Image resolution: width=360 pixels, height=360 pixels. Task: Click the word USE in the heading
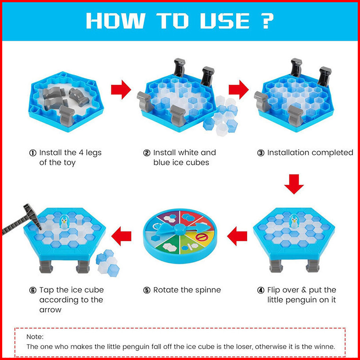coord(224,20)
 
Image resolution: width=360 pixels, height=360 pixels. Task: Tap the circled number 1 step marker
coord(33,153)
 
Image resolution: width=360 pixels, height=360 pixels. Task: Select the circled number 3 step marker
coord(260,153)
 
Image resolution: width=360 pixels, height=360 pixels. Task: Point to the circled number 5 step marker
coord(147,290)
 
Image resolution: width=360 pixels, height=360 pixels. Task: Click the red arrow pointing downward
coord(294,184)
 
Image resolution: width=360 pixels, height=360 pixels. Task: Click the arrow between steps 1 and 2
coord(121,89)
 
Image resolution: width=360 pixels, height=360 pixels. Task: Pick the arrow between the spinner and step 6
coord(121,236)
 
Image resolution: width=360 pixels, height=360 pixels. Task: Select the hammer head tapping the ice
coord(32,216)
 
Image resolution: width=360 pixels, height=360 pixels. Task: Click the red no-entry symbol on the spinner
coord(201,237)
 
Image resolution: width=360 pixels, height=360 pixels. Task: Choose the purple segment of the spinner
coord(169,217)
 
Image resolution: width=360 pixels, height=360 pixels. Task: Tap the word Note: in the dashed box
coord(35,336)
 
